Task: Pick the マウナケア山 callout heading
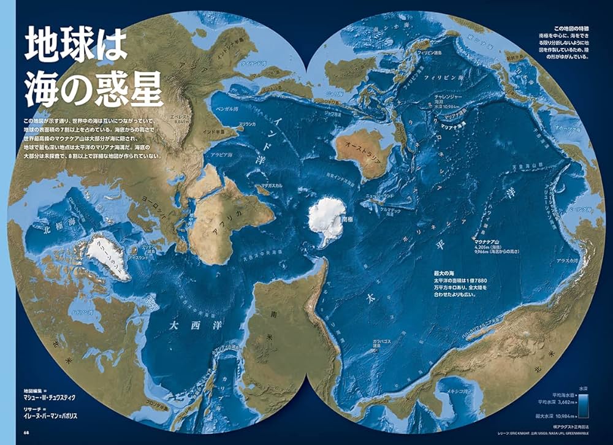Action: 489,243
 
